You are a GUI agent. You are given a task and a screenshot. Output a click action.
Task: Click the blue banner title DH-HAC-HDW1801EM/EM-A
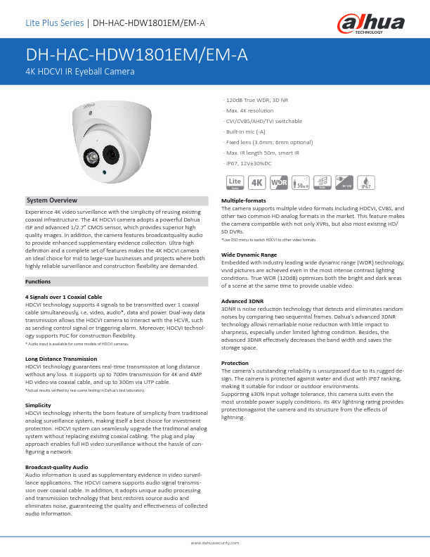(136, 56)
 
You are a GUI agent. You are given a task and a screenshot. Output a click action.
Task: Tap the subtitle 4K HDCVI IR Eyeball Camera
(79, 72)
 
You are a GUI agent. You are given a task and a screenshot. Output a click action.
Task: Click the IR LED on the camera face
(92, 156)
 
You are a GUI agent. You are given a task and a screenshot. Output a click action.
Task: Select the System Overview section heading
(51, 200)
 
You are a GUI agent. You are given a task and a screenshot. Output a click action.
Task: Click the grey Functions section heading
(37, 281)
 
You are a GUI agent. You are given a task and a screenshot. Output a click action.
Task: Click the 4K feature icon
(257, 183)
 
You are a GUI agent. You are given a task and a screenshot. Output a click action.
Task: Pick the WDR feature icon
(279, 183)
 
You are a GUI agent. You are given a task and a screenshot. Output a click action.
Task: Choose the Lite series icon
(235, 183)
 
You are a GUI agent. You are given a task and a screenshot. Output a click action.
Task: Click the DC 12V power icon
(344, 183)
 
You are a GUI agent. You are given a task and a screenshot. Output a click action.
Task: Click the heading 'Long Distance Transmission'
(61, 359)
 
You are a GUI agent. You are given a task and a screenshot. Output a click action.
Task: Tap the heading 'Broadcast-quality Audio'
(57, 467)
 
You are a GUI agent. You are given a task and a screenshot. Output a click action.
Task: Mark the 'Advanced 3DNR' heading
(242, 301)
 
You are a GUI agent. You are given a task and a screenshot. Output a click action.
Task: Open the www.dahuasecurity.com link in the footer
(215, 544)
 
